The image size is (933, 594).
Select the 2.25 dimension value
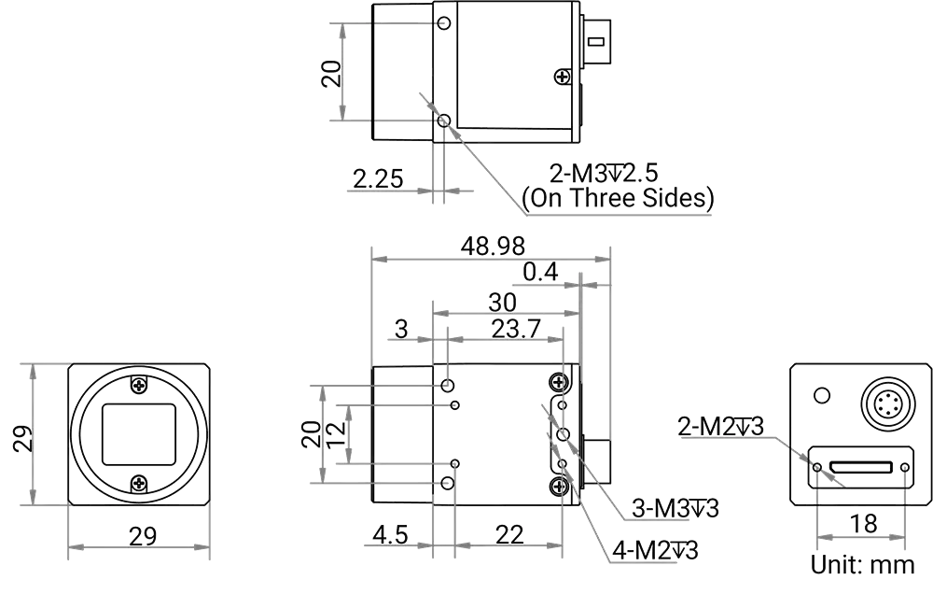(x=377, y=177)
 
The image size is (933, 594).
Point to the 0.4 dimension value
(x=539, y=273)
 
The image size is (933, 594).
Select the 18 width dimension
(x=865, y=524)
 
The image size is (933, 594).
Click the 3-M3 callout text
(x=675, y=509)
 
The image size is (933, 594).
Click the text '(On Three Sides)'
(x=620, y=198)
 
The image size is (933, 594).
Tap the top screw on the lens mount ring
(x=139, y=383)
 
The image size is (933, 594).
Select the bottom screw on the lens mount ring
(x=139, y=483)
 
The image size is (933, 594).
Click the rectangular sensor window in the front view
(x=139, y=433)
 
